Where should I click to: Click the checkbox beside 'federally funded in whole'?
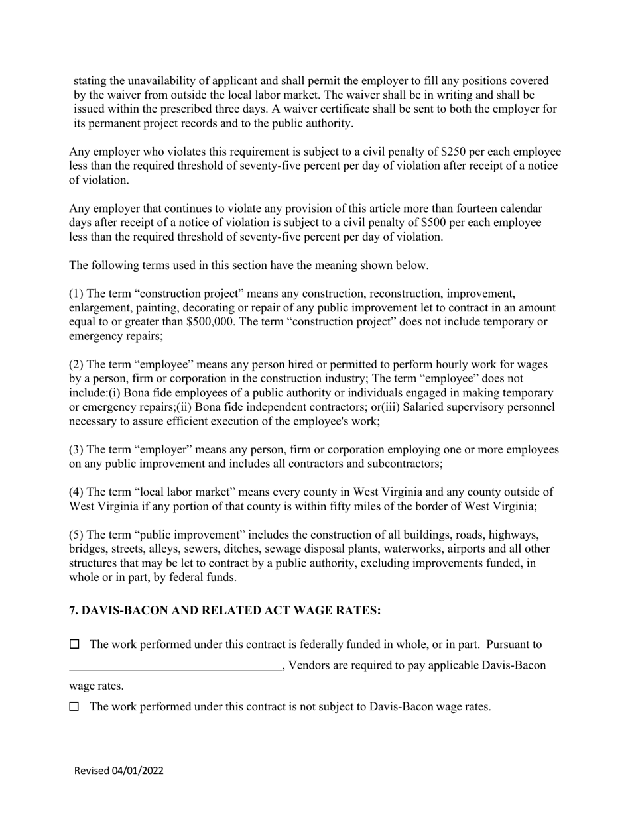74,644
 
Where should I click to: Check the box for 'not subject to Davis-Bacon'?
74,706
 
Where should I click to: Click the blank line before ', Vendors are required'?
175,665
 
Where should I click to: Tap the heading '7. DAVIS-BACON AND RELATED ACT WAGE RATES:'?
225,610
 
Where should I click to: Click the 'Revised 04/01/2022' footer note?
119,771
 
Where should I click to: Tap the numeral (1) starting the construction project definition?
76,294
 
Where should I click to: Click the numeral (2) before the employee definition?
76,364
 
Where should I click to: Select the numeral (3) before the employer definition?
76,450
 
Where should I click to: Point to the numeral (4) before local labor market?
76,492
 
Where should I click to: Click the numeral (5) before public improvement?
76,535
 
